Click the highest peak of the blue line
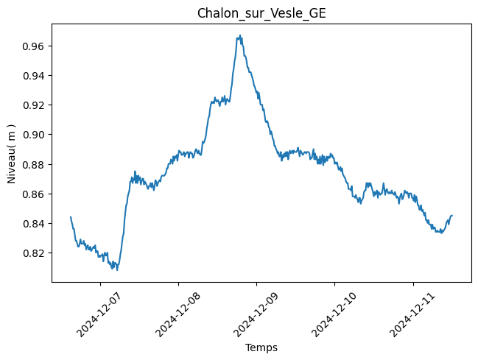[240, 35]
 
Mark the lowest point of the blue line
[116, 269]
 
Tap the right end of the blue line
[451, 216]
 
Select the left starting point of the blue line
[71, 217]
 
